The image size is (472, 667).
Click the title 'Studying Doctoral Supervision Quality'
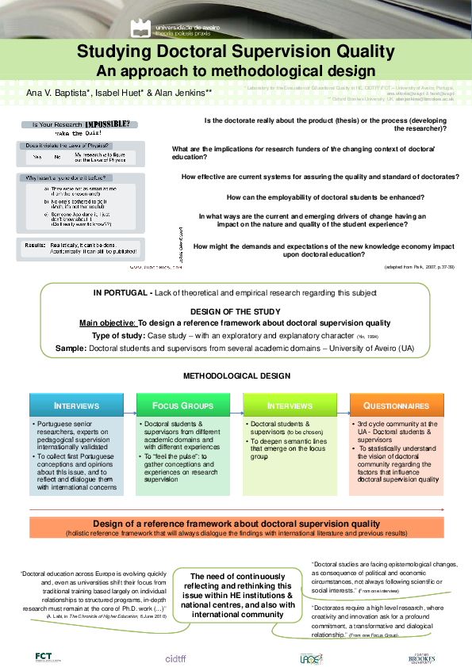(236, 53)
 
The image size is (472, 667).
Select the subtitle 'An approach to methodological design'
(236, 71)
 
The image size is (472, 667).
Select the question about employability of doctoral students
(324, 196)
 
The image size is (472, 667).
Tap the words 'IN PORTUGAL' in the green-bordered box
(117, 293)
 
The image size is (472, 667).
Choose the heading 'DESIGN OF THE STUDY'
(236, 312)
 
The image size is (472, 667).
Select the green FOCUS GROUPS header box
(185, 406)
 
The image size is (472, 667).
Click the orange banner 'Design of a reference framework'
(236, 524)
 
